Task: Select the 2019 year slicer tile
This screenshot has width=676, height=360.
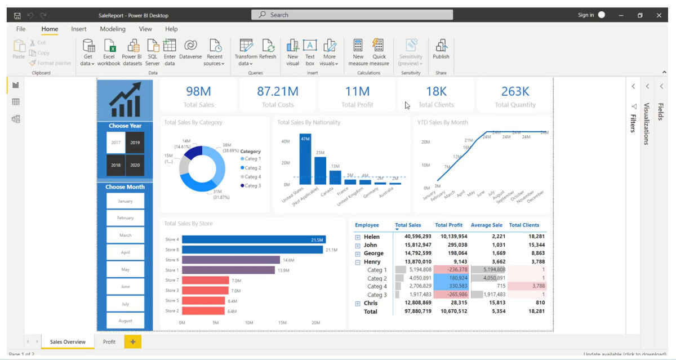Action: pyautogui.click(x=135, y=143)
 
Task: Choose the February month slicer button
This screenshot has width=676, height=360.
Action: pyautogui.click(x=125, y=218)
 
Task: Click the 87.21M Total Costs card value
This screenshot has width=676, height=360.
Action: pyautogui.click(x=278, y=91)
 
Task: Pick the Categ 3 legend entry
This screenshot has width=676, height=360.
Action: pyautogui.click(x=252, y=185)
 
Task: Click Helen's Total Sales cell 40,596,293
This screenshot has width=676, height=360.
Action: pyautogui.click(x=413, y=237)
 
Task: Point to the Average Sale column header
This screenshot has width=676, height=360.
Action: pyautogui.click(x=487, y=225)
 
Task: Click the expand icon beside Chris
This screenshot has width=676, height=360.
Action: pyautogui.click(x=358, y=304)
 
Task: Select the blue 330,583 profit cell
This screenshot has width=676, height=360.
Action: pyautogui.click(x=451, y=286)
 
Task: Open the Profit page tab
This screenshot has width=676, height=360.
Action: pyautogui.click(x=109, y=341)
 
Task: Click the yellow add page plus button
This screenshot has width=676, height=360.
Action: pyautogui.click(x=133, y=341)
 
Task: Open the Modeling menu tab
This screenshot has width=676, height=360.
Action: pyautogui.click(x=113, y=29)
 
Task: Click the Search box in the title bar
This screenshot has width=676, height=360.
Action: pyautogui.click(x=338, y=15)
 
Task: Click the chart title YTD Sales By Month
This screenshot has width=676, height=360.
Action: pyautogui.click(x=442, y=122)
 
